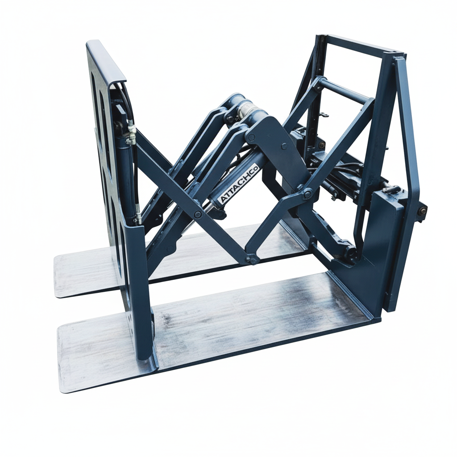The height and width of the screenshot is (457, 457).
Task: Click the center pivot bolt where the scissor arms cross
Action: pos(198,215)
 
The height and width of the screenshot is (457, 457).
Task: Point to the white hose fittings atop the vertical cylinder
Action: pos(131,134)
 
